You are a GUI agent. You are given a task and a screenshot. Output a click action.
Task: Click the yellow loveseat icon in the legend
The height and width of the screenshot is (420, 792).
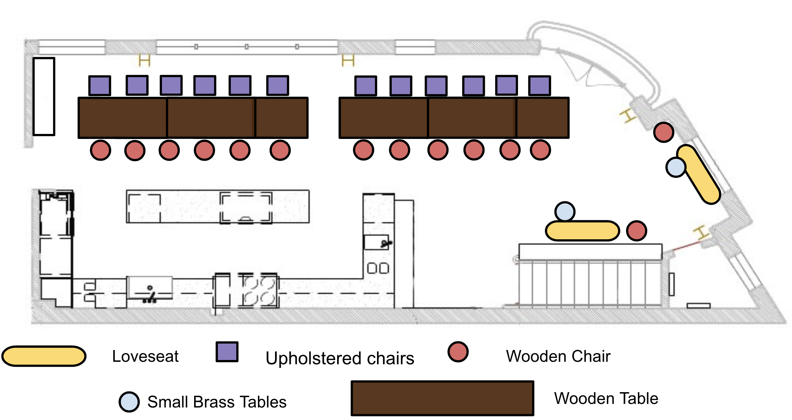click(44, 356)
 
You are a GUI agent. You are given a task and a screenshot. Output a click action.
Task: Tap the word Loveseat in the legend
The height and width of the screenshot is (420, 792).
click(145, 356)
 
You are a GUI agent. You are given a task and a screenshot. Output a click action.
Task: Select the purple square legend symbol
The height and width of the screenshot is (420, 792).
click(227, 352)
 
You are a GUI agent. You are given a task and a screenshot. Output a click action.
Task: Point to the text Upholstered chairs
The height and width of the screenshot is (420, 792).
click(340, 358)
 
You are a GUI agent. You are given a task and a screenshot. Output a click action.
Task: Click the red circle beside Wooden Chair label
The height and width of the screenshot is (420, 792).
click(458, 352)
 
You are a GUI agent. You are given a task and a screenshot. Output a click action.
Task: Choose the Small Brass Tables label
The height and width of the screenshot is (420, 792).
click(217, 402)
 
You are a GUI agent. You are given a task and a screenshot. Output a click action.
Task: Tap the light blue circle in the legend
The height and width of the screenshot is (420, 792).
click(129, 402)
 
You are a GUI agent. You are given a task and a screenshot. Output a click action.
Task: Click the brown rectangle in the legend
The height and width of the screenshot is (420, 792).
click(442, 398)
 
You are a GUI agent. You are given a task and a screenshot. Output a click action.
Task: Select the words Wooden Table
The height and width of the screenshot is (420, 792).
click(606, 398)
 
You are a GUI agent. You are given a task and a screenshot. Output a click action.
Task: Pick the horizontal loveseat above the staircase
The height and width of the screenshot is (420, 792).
click(582, 231)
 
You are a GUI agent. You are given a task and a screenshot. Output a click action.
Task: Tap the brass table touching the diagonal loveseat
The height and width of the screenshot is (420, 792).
click(676, 167)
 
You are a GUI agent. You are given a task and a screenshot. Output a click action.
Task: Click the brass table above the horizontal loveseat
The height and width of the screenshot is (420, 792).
click(565, 211)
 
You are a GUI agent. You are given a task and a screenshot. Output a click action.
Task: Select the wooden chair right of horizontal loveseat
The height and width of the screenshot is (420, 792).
click(636, 231)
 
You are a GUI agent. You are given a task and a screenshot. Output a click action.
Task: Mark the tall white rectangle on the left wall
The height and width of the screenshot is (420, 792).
click(44, 96)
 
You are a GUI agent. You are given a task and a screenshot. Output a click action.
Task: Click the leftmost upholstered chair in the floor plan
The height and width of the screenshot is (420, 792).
click(100, 86)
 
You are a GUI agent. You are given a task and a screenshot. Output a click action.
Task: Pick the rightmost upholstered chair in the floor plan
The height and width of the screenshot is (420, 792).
click(539, 86)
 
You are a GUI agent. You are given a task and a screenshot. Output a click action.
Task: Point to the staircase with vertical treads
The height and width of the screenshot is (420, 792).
click(590, 282)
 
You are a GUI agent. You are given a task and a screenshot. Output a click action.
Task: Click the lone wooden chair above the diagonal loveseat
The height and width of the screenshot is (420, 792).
click(664, 132)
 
